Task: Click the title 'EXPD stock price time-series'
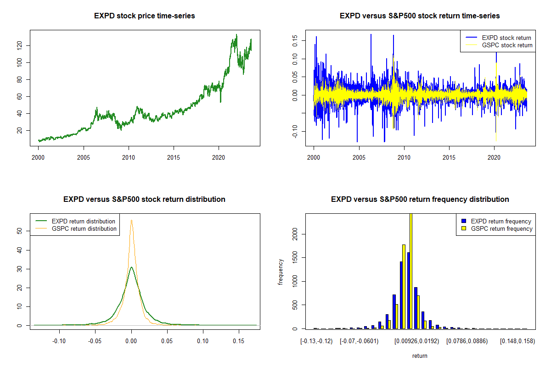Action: point(144,16)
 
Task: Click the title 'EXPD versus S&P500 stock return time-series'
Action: point(420,16)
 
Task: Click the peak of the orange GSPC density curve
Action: point(131,220)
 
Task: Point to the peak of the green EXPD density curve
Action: point(131,267)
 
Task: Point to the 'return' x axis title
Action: point(420,356)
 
